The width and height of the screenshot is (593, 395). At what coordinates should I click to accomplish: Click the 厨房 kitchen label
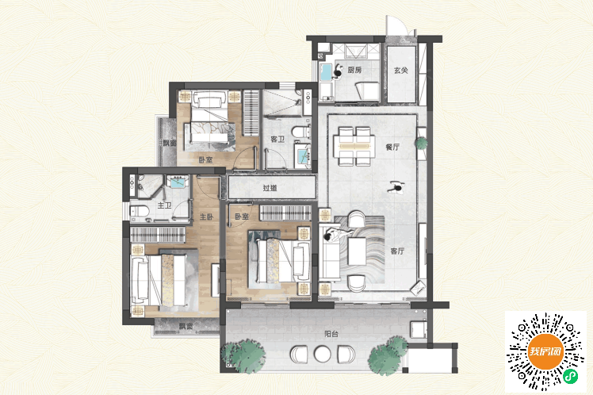tap(354, 70)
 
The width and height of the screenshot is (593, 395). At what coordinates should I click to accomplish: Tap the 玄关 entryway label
tap(401, 71)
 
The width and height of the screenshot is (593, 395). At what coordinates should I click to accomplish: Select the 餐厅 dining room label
tap(392, 147)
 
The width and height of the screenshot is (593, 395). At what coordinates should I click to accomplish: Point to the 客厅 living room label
tap(397, 251)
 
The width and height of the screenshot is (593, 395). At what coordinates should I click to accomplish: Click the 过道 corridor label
tap(270, 188)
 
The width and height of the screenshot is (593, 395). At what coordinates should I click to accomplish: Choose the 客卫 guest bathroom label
tap(277, 140)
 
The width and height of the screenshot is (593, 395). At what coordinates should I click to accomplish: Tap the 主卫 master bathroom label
tap(165, 205)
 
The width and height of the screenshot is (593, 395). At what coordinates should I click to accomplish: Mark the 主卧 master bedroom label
tap(207, 217)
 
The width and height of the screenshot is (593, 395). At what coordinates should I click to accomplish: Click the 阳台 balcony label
tap(331, 334)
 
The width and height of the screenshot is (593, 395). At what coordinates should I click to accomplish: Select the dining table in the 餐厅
tap(354, 146)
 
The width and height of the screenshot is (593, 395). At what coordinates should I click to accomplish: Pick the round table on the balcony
tap(322, 354)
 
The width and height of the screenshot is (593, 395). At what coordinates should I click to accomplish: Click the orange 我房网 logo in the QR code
tap(545, 351)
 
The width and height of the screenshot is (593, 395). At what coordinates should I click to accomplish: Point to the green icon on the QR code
tap(571, 377)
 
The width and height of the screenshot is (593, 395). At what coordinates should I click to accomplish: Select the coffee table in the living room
tap(357, 251)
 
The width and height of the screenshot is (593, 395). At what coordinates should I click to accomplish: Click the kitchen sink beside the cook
tap(325, 72)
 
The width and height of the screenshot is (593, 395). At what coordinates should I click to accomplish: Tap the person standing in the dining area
tap(396, 187)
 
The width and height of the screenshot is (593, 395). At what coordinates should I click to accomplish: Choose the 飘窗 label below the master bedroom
tap(186, 326)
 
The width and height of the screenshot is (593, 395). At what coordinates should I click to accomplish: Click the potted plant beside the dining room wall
tap(421, 143)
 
